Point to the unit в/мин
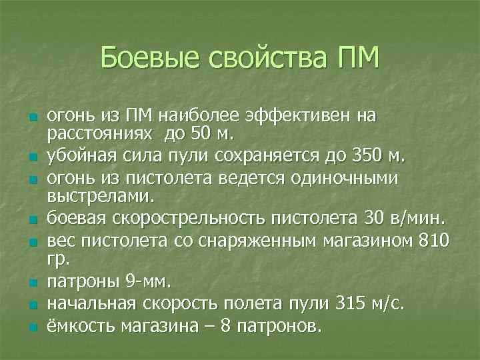pos(419,218)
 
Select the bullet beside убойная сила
pos(31,157)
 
